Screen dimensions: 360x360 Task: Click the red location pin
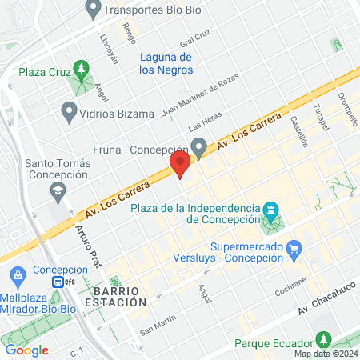(x=180, y=165)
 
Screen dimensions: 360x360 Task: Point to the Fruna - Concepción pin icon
(x=199, y=147)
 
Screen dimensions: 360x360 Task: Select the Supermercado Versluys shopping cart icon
(x=294, y=249)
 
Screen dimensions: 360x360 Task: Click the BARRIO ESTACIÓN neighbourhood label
(x=120, y=296)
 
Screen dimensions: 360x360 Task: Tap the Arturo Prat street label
(x=88, y=237)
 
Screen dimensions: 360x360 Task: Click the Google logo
(x=26, y=350)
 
